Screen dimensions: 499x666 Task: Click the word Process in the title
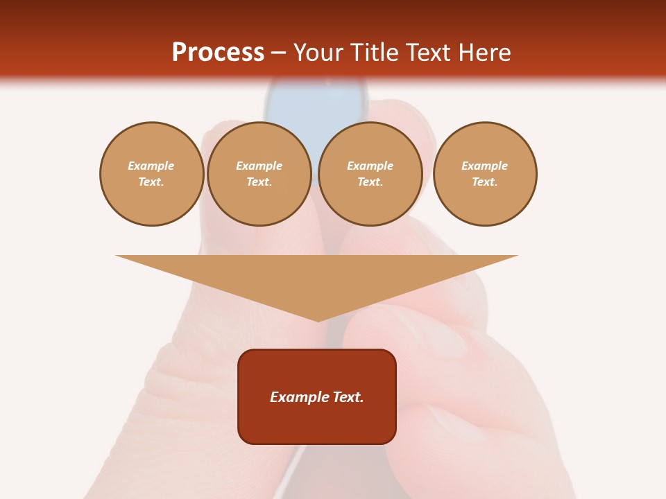point(218,53)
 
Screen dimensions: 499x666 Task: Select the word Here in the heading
point(486,53)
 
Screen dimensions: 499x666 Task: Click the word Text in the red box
point(348,397)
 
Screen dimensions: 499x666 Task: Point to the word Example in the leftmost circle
point(151,166)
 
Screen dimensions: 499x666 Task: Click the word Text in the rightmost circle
point(484,182)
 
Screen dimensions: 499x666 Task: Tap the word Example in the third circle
point(370,166)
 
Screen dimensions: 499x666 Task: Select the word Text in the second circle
point(259,182)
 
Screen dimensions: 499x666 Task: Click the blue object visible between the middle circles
point(316,104)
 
